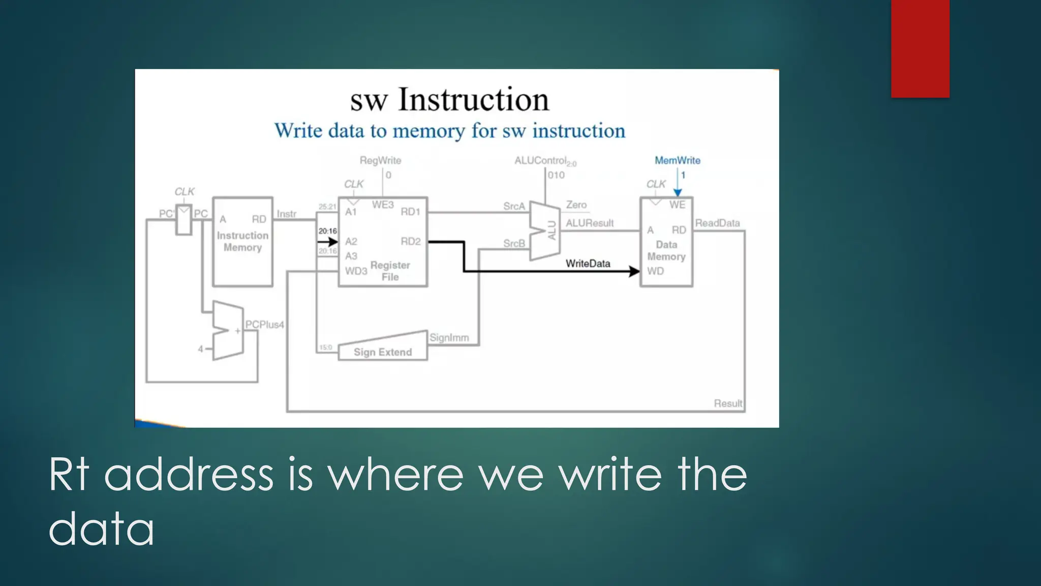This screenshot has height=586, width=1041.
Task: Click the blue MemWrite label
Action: (677, 160)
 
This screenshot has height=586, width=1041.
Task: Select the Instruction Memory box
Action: (242, 242)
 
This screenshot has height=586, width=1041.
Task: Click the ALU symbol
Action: (545, 231)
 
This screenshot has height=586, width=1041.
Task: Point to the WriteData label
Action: (588, 263)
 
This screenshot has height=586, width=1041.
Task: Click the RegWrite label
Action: (380, 160)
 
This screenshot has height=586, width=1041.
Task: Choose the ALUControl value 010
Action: (556, 175)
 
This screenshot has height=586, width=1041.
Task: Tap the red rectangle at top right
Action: (920, 48)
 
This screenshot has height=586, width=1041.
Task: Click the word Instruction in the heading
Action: (473, 99)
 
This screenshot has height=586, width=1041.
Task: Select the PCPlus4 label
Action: (264, 325)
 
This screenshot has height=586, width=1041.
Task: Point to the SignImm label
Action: (449, 338)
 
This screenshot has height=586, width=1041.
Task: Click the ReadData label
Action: (717, 223)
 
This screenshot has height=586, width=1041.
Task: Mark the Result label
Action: (728, 403)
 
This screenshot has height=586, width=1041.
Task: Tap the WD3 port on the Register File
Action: (356, 271)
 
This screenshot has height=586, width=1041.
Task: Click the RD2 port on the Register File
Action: (410, 241)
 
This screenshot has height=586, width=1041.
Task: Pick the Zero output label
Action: (576, 204)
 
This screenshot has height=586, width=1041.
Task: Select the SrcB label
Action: (514, 244)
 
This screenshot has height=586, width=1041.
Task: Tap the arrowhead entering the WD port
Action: (634, 271)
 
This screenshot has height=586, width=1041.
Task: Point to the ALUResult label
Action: (590, 223)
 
